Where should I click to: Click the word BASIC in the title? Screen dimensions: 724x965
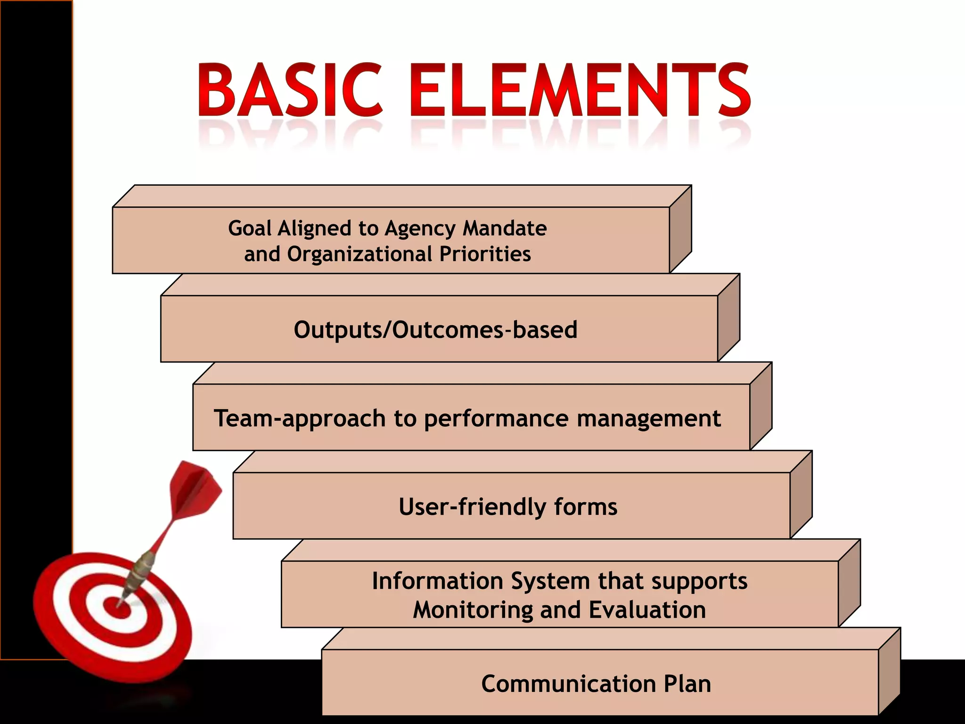tap(289, 90)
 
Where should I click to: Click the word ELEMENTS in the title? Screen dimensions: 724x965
tap(580, 90)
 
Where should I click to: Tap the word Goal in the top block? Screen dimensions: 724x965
tap(250, 229)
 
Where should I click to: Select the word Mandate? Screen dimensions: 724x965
tap(505, 229)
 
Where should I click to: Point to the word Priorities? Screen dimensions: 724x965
tap(485, 254)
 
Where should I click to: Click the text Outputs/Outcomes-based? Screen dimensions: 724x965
tap(435, 329)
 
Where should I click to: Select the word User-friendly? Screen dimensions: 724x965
tap(472, 507)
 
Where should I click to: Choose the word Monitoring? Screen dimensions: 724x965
tap(473, 610)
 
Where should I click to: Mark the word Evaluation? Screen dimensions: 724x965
tap(647, 610)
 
